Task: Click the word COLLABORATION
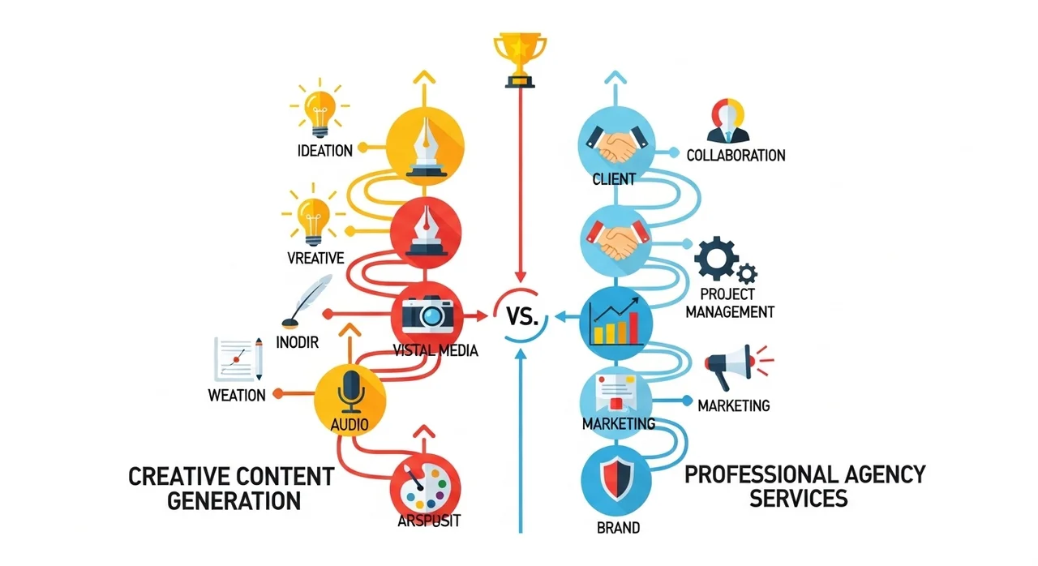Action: click(736, 156)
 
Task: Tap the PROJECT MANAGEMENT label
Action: click(730, 303)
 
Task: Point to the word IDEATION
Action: click(324, 150)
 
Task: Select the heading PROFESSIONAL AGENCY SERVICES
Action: click(804, 485)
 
